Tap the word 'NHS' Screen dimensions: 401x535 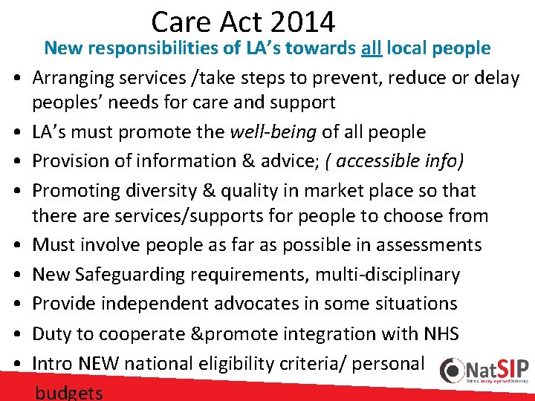pyautogui.click(x=439, y=333)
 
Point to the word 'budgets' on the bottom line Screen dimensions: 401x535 pyautogui.click(x=69, y=392)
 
